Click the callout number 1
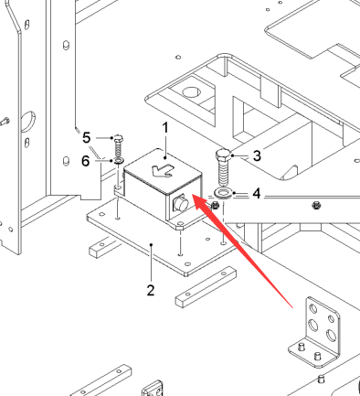pyautogui.click(x=165, y=128)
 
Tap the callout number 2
pyautogui.click(x=151, y=291)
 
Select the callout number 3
pyautogui.click(x=257, y=155)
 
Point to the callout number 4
pyautogui.click(x=257, y=193)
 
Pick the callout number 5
pyautogui.click(x=87, y=138)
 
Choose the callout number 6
pyautogui.click(x=86, y=161)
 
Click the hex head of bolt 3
pyautogui.click(x=223, y=155)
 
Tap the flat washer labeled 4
pyautogui.click(x=223, y=193)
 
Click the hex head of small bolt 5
pyautogui.click(x=118, y=138)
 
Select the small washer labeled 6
pyautogui.click(x=118, y=160)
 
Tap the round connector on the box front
pyautogui.click(x=181, y=203)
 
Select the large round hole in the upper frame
pyautogui.click(x=191, y=91)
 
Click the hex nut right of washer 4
pyautogui.click(x=215, y=206)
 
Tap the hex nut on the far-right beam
pyautogui.click(x=317, y=206)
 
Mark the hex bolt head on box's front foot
pyautogui.click(x=180, y=226)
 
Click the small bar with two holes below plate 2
pyautogui.click(x=206, y=286)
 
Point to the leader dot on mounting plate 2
pyautogui.click(x=152, y=244)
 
